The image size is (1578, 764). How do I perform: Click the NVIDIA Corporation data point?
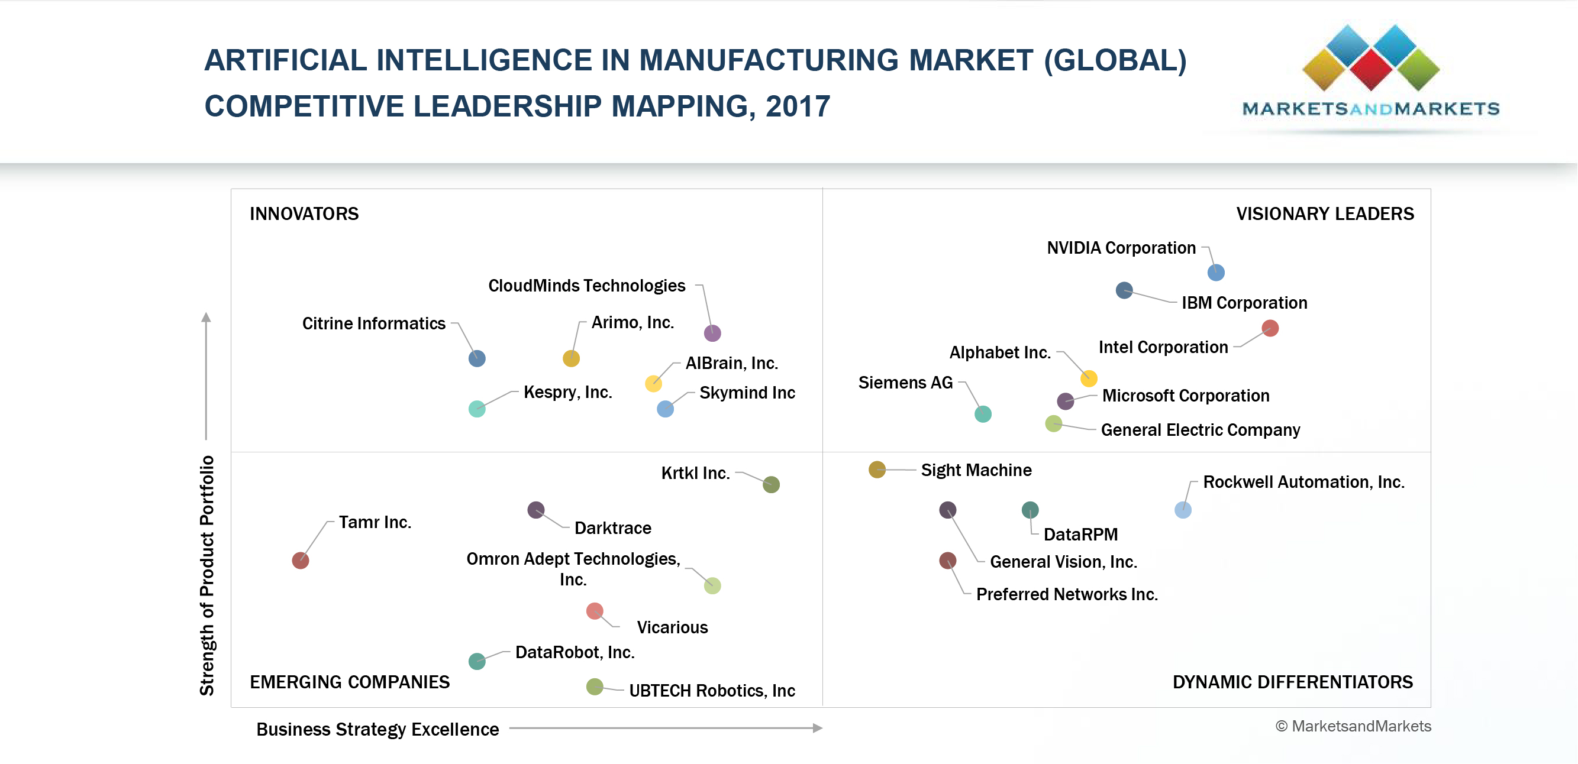tap(1216, 273)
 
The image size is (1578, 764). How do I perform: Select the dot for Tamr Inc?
tap(300, 560)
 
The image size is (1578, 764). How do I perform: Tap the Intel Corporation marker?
tap(1270, 328)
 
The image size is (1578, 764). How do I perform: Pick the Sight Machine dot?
tap(877, 470)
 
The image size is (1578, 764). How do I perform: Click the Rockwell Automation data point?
tap(1183, 509)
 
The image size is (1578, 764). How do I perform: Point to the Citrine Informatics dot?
tap(477, 358)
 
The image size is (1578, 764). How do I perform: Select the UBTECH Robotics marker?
tap(595, 687)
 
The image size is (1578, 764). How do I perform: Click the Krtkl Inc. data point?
tap(771, 484)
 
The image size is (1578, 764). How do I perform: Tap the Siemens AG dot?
tap(983, 414)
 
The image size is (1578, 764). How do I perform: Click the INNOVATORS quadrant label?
tap(304, 213)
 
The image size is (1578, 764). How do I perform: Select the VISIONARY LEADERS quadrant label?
tap(1324, 213)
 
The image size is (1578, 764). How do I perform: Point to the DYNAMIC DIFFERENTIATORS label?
tap(1293, 682)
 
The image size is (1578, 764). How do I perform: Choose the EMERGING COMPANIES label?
tap(350, 682)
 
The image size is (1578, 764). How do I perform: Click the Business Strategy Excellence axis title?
tap(377, 729)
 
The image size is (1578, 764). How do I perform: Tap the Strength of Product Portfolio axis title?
tap(208, 575)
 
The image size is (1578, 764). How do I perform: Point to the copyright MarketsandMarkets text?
tap(1353, 726)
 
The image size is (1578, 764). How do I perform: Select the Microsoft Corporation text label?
tap(1185, 396)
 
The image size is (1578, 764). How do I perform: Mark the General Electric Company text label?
tap(1200, 430)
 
